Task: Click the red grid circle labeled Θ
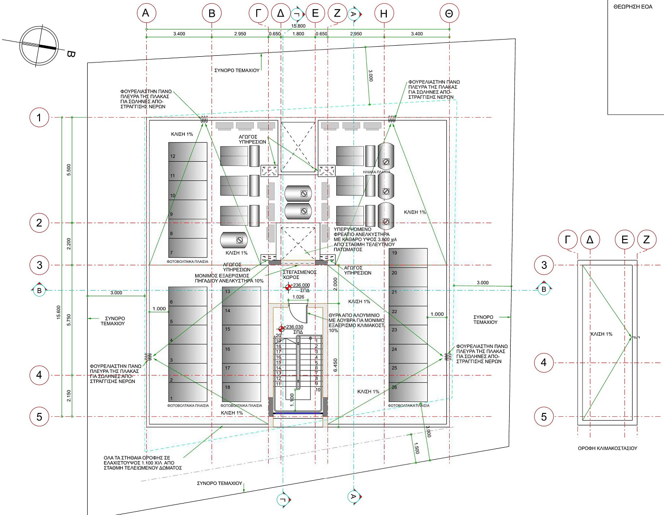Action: [449, 13]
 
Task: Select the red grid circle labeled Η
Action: [384, 13]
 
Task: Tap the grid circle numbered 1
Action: [39, 117]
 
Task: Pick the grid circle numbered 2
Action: [39, 223]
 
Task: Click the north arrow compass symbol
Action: [39, 46]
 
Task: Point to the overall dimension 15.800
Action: [298, 26]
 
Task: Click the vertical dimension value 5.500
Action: [69, 170]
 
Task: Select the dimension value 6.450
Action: [335, 365]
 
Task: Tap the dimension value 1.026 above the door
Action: [298, 297]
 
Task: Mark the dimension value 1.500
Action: [416, 448]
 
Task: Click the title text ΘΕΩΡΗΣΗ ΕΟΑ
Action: [633, 7]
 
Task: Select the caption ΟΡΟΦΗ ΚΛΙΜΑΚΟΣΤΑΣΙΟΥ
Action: [607, 448]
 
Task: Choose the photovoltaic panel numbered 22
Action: [408, 315]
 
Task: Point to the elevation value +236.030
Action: [293, 327]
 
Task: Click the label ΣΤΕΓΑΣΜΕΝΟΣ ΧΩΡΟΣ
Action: [299, 275]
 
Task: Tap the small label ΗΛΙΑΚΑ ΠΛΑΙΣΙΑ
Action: [376, 172]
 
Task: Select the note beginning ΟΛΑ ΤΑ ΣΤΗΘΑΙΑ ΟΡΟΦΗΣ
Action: [142, 463]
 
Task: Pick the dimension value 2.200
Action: [69, 244]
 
